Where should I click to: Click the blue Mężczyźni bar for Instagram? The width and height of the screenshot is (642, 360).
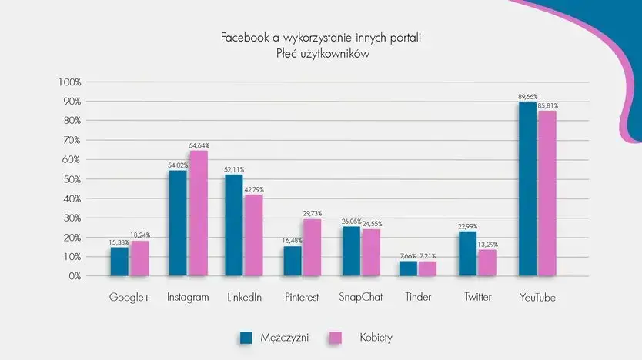point(178,223)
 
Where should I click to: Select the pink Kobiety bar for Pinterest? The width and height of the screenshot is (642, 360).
point(313,247)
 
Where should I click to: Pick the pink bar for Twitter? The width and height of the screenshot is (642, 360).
point(487,262)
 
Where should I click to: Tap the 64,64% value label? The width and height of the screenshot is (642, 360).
point(199,145)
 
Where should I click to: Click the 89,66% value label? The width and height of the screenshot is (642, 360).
point(527,97)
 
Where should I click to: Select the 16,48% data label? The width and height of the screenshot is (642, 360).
point(293,240)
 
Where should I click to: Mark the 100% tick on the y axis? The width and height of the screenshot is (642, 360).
point(68,82)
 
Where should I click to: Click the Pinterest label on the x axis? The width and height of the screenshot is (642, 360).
point(301,298)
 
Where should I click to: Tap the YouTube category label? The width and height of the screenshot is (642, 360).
point(537,298)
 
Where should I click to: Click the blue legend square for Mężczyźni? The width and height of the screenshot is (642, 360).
point(246,337)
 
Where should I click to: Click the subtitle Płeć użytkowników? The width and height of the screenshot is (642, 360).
point(321,53)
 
